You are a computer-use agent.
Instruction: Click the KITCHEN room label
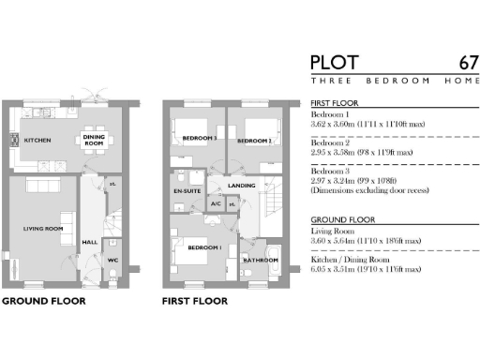click(x=37, y=141)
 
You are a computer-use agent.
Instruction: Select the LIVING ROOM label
click(x=43, y=228)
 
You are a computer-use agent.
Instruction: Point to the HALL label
click(x=90, y=241)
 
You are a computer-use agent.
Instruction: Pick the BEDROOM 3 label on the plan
click(x=200, y=139)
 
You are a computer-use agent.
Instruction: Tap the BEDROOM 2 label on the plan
click(x=253, y=141)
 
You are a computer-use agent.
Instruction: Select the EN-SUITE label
click(x=186, y=191)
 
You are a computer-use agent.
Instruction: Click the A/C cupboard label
click(x=216, y=203)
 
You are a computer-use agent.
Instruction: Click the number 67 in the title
click(x=468, y=63)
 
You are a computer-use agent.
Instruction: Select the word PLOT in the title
click(x=335, y=63)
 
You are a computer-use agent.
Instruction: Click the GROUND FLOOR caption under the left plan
click(x=43, y=302)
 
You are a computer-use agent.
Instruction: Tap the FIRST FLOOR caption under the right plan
click(x=197, y=302)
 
